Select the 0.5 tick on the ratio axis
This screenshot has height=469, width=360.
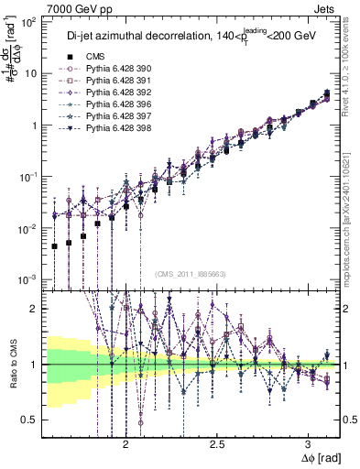pyautogui.click(x=31, y=420)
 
